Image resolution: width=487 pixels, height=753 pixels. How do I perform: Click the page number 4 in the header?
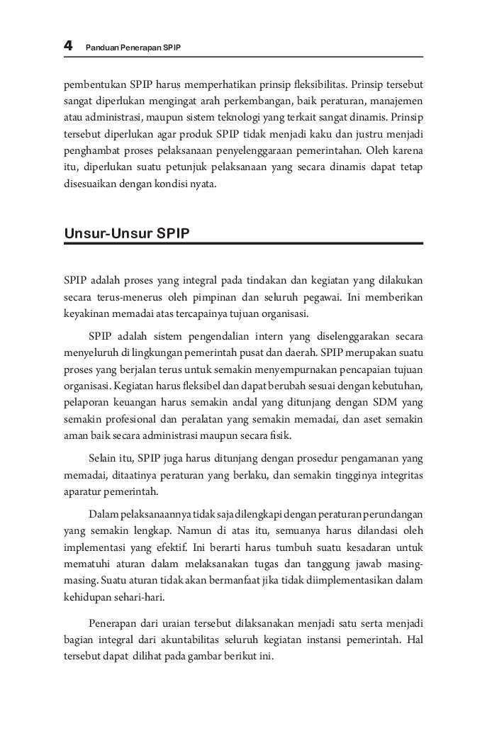(x=68, y=46)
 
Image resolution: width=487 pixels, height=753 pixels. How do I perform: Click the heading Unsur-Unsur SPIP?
(x=127, y=233)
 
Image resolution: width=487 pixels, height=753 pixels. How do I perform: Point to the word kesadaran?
(x=370, y=547)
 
